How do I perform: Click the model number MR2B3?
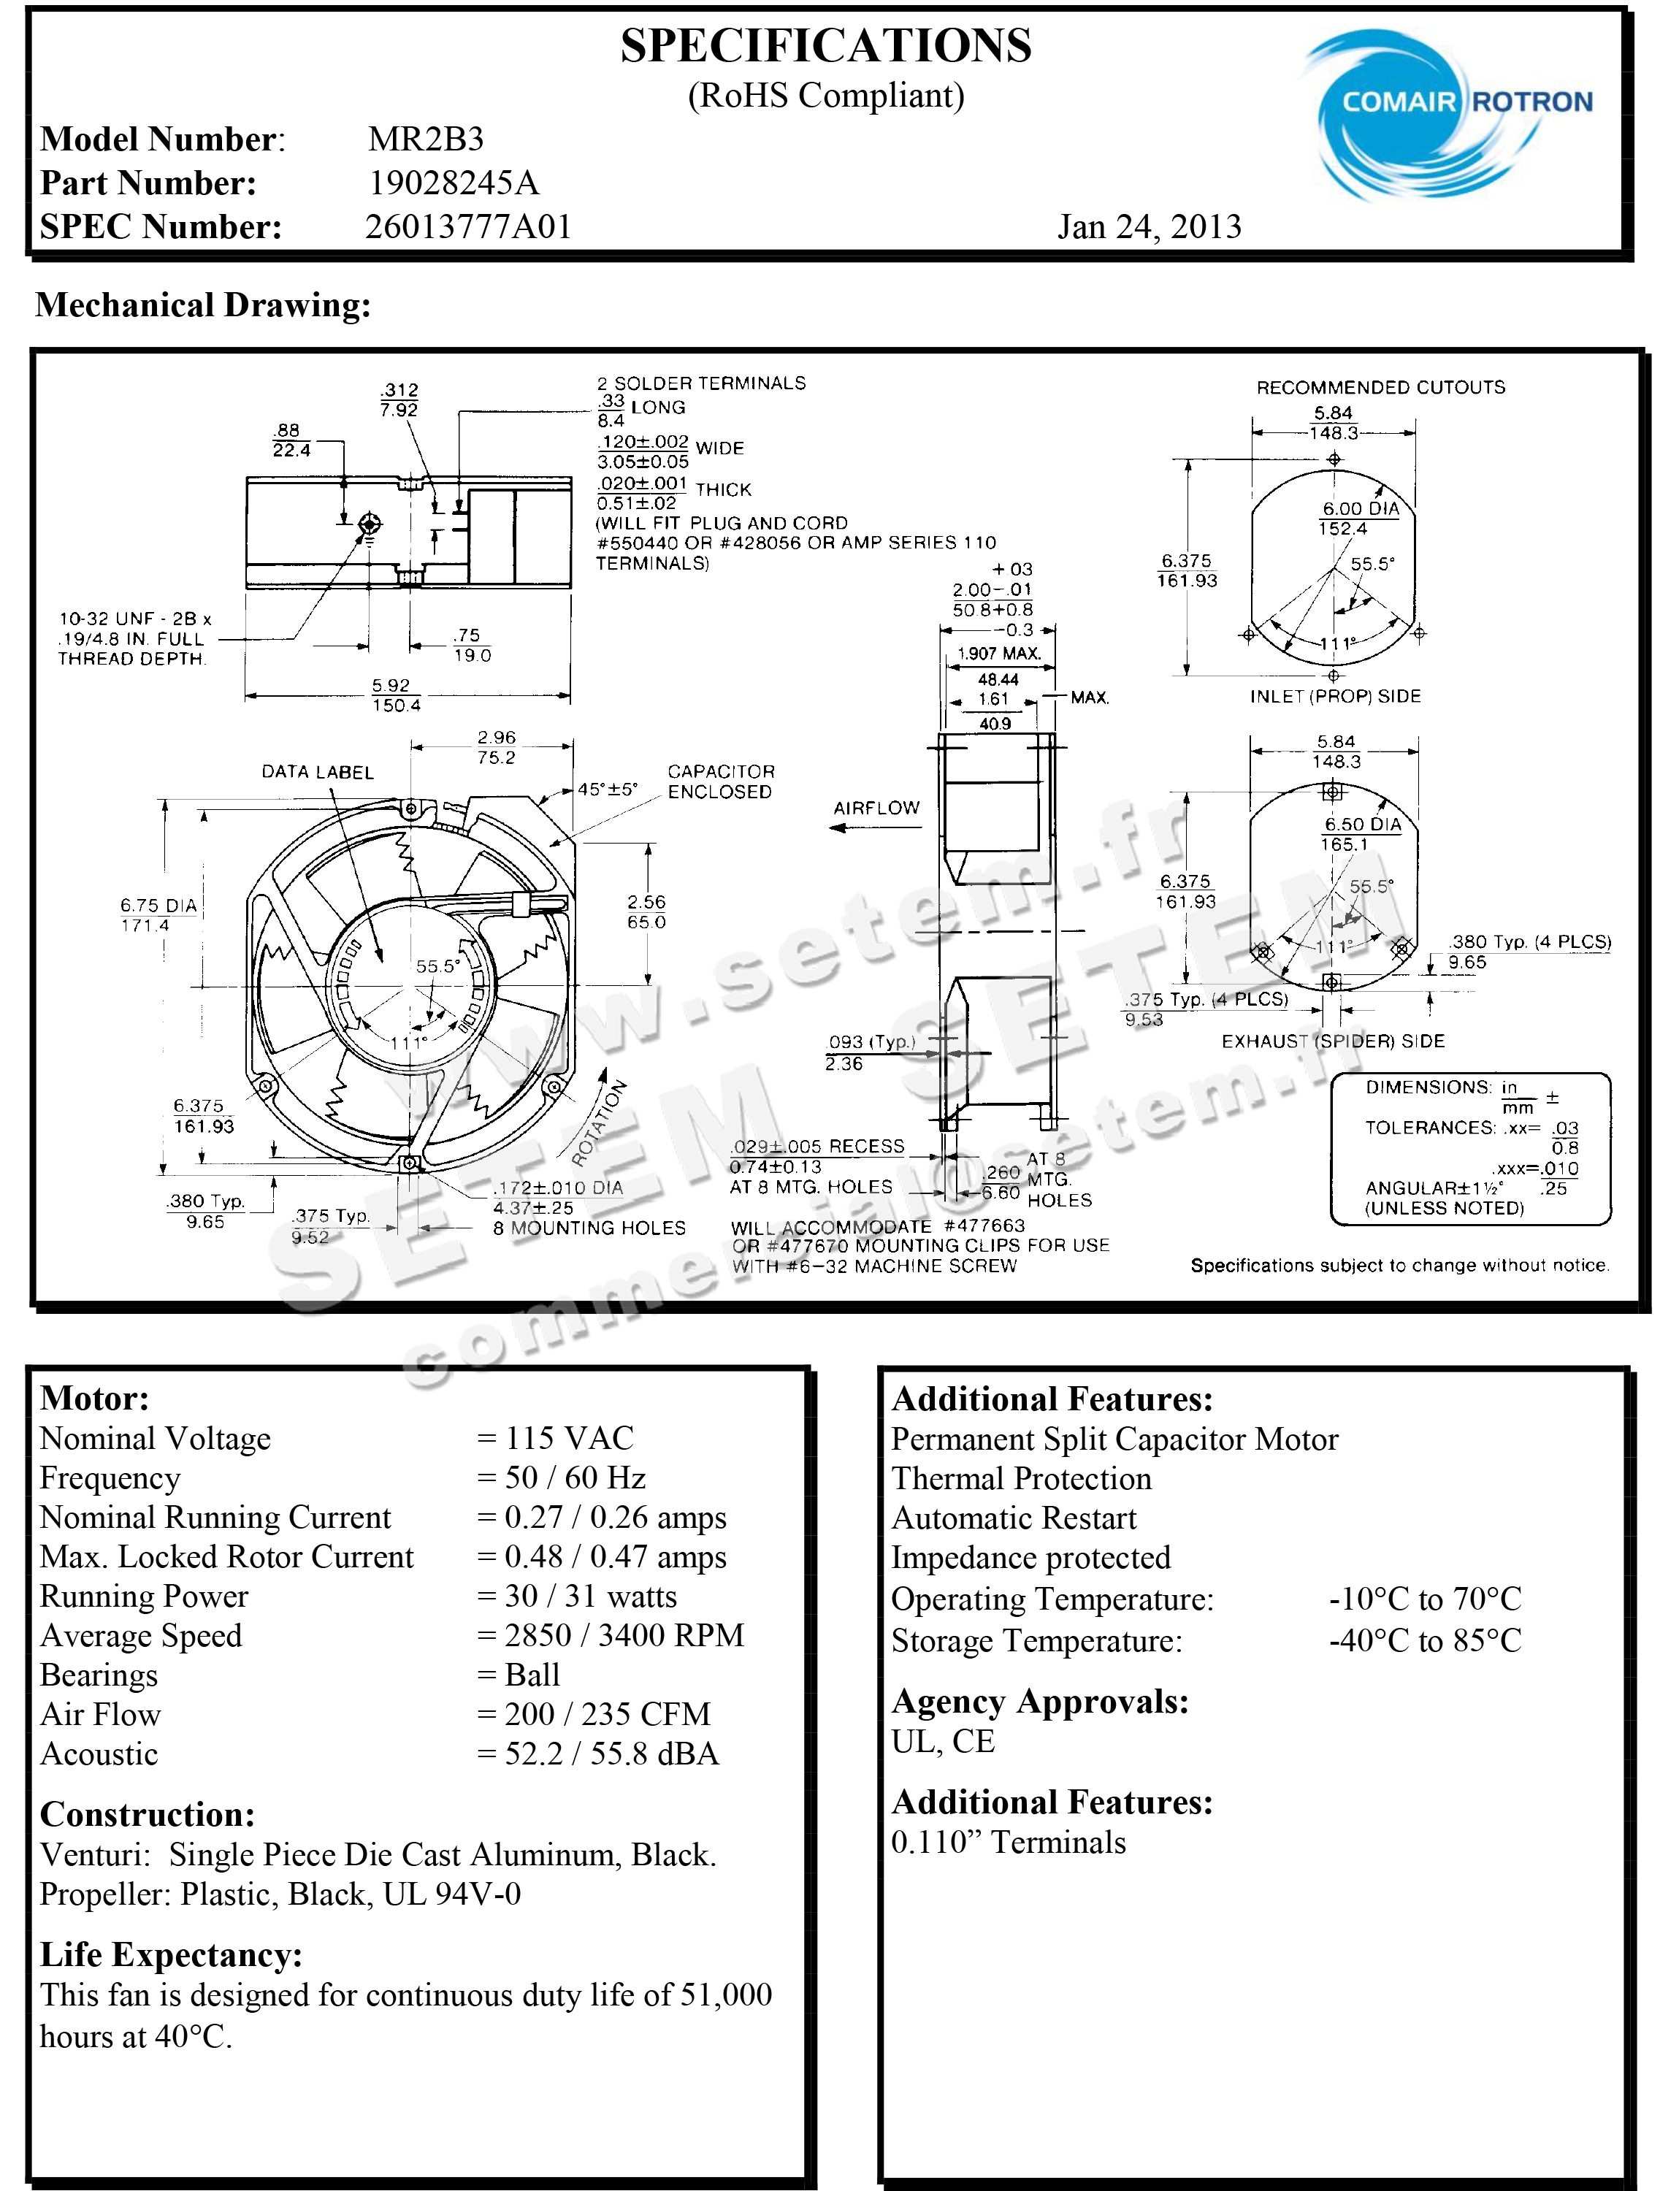pyautogui.click(x=426, y=139)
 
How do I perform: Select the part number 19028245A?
pyautogui.click(x=454, y=183)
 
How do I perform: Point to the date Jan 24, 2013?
pyautogui.click(x=1150, y=227)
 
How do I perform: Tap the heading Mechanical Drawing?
pyautogui.click(x=203, y=305)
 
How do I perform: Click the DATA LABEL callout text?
pyautogui.click(x=318, y=772)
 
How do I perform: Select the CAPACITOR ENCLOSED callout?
pyautogui.click(x=721, y=781)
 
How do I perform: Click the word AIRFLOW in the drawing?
pyautogui.click(x=876, y=808)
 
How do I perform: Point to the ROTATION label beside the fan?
pyautogui.click(x=600, y=1123)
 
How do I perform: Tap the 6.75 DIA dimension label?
pyautogui.click(x=159, y=906)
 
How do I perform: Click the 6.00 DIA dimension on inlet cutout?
pyautogui.click(x=1361, y=509)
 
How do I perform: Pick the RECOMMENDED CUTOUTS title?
pyautogui.click(x=1380, y=387)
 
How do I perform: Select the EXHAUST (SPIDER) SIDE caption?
pyautogui.click(x=1334, y=1041)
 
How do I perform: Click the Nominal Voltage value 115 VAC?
pyautogui.click(x=569, y=1437)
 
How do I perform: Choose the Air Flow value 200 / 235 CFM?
pyautogui.click(x=608, y=1713)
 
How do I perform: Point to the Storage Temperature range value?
pyautogui.click(x=1425, y=1640)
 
